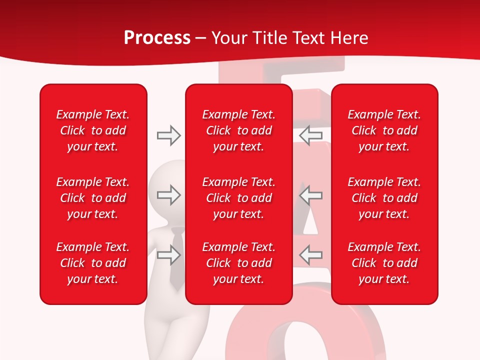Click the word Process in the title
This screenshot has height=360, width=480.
coord(157,38)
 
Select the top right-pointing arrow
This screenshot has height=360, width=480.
coord(168,135)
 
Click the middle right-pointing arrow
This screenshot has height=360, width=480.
coord(168,194)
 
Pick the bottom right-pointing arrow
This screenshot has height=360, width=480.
coord(168,255)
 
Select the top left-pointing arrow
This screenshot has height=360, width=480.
coord(310,135)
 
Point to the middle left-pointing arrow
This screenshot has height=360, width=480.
coord(310,194)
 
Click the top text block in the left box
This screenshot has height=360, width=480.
coord(93,130)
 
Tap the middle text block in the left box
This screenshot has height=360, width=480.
coord(93,198)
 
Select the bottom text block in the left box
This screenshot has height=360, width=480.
coord(93,263)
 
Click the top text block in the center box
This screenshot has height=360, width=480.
coord(239,130)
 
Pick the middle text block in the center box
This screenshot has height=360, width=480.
coord(239,198)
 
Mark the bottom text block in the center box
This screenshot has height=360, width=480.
coord(239,263)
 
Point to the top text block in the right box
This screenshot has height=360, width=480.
coord(384,130)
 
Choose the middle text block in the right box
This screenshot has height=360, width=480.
coord(384,198)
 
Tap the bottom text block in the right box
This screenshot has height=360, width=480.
coord(384,263)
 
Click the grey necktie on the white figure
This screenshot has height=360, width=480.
coord(176,260)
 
